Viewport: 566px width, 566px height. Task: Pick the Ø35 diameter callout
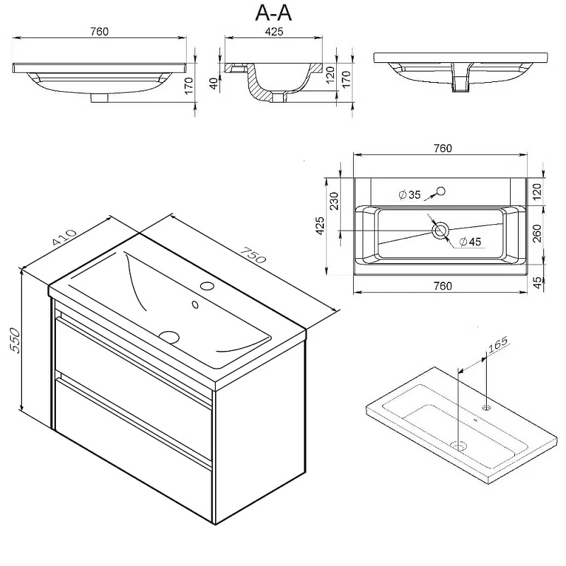(x=410, y=194)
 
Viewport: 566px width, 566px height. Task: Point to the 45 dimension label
(x=537, y=282)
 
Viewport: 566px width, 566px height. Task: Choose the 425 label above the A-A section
(x=274, y=31)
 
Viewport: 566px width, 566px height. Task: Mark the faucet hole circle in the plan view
(x=441, y=191)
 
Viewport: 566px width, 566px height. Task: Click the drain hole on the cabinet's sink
(x=170, y=337)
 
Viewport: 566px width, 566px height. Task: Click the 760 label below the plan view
(x=441, y=286)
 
